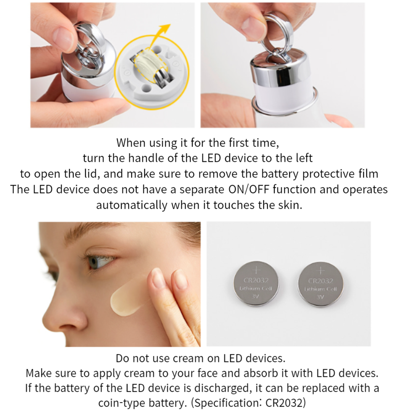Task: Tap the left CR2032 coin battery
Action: [256, 283]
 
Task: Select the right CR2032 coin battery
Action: [320, 284]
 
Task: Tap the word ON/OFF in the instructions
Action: [249, 190]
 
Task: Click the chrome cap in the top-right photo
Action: [280, 71]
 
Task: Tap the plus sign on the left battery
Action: [256, 270]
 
